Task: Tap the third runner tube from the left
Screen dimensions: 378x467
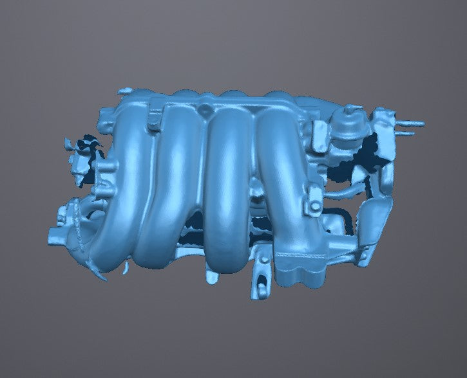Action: point(225,186)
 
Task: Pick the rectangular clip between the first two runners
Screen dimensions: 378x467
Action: point(155,120)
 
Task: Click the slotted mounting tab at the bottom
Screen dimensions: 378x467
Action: point(259,283)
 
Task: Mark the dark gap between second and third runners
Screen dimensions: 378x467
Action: point(193,225)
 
